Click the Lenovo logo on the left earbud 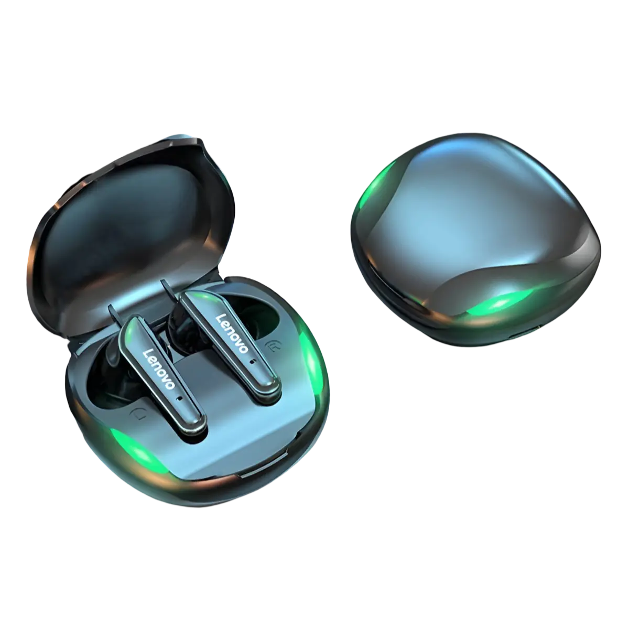[x=159, y=369]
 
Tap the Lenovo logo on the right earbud [x=232, y=333]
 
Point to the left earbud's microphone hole [x=178, y=399]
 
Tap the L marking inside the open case [x=136, y=415]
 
